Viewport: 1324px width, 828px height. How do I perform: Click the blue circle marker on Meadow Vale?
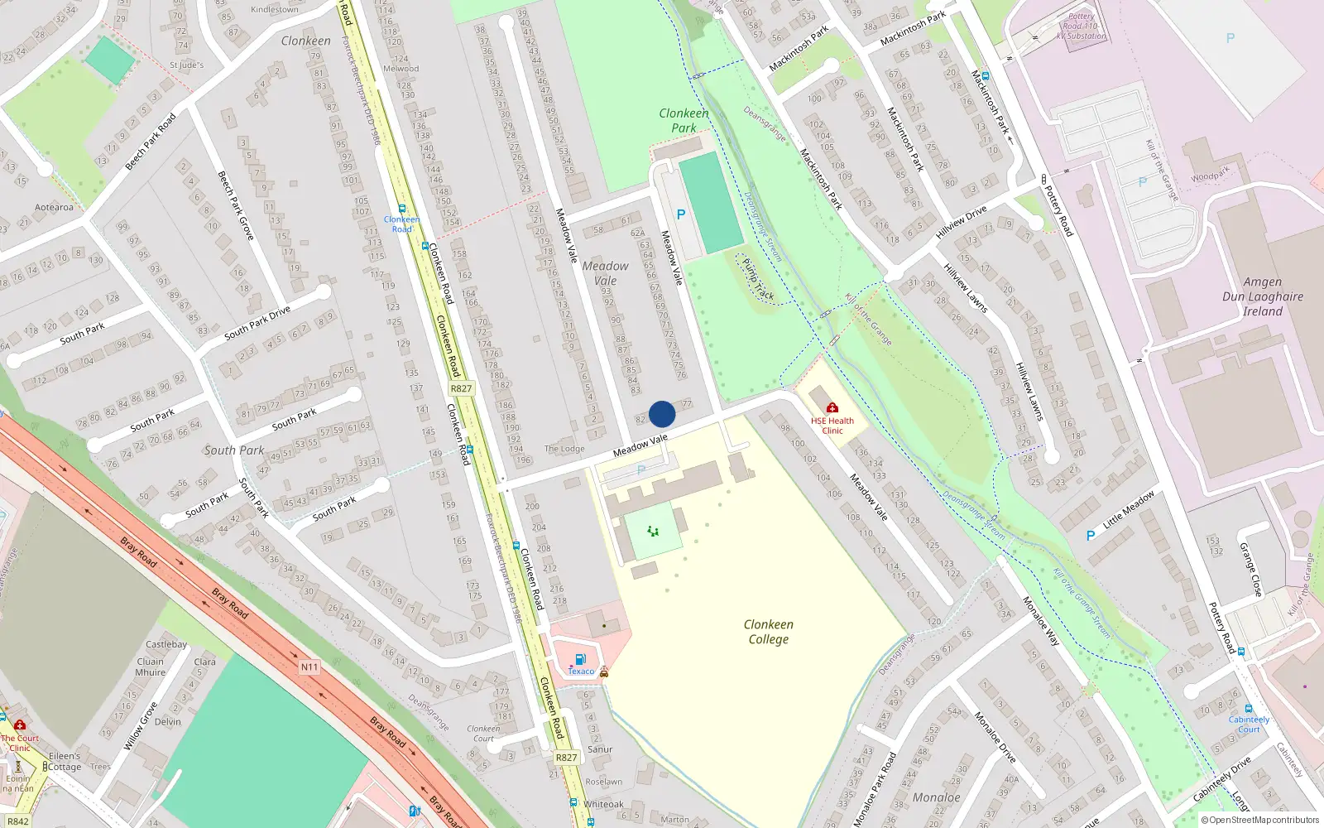tap(662, 414)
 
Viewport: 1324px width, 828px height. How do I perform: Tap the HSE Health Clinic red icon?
tap(832, 407)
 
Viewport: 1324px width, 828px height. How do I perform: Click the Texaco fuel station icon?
tap(580, 659)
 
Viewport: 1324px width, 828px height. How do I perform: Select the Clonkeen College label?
tap(768, 632)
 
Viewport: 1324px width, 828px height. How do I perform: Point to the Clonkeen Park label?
tap(684, 120)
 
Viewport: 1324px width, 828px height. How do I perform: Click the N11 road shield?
tap(309, 667)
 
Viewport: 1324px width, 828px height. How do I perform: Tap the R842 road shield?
tap(17, 821)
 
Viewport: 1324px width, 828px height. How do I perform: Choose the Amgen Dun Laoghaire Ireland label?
tap(1262, 296)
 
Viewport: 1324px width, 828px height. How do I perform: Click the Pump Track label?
tap(758, 279)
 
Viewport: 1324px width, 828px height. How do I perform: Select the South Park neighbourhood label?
tap(234, 450)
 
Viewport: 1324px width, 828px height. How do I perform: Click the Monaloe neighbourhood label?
tap(936, 797)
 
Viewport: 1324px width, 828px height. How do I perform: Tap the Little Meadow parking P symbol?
tap(1091, 536)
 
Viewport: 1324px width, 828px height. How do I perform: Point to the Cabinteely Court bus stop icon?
tap(1249, 709)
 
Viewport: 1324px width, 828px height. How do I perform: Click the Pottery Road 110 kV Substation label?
tap(1081, 26)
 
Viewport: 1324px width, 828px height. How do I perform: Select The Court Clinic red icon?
tap(20, 724)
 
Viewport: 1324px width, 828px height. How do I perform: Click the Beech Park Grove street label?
tap(235, 205)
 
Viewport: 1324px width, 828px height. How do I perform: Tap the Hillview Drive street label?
tap(961, 223)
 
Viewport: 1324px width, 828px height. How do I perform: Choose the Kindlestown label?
tap(275, 10)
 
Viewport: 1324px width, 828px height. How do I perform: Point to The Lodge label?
tap(564, 449)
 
